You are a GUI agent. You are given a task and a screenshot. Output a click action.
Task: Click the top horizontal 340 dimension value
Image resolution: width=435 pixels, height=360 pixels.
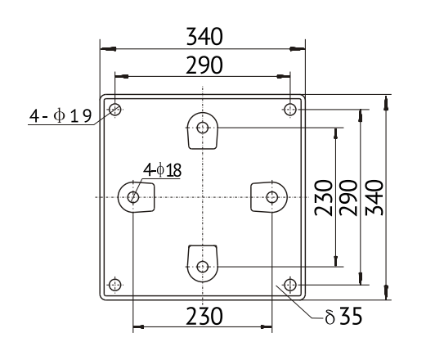click(x=204, y=36)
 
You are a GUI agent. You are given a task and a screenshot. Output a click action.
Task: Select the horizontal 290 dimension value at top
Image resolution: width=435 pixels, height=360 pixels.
click(x=204, y=65)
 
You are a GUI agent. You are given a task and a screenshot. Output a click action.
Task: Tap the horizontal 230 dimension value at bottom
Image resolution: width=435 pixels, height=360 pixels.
click(x=204, y=316)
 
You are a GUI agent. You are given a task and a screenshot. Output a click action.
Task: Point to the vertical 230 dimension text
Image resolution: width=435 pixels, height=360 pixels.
click(x=324, y=198)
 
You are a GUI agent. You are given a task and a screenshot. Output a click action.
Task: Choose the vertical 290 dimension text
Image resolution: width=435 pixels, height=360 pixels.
click(x=348, y=198)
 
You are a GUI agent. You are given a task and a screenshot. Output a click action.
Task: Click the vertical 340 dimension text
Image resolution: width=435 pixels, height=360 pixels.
click(x=374, y=198)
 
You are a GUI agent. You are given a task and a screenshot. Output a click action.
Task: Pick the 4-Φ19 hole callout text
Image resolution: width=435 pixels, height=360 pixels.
click(x=61, y=115)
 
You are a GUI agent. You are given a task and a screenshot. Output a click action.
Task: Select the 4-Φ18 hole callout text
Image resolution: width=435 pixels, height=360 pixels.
click(x=163, y=170)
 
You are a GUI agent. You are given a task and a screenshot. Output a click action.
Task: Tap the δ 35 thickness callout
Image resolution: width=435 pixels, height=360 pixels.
click(x=343, y=316)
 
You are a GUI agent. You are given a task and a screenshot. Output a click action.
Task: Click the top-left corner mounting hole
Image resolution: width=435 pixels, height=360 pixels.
click(x=115, y=110)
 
